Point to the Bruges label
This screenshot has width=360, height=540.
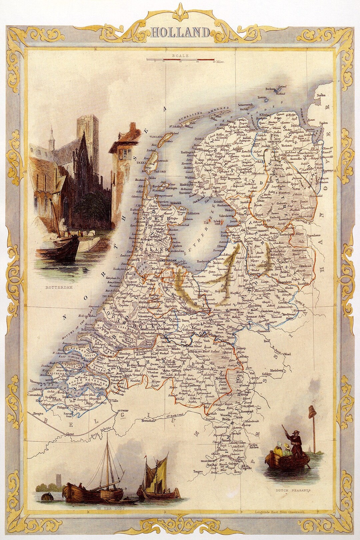39,414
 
